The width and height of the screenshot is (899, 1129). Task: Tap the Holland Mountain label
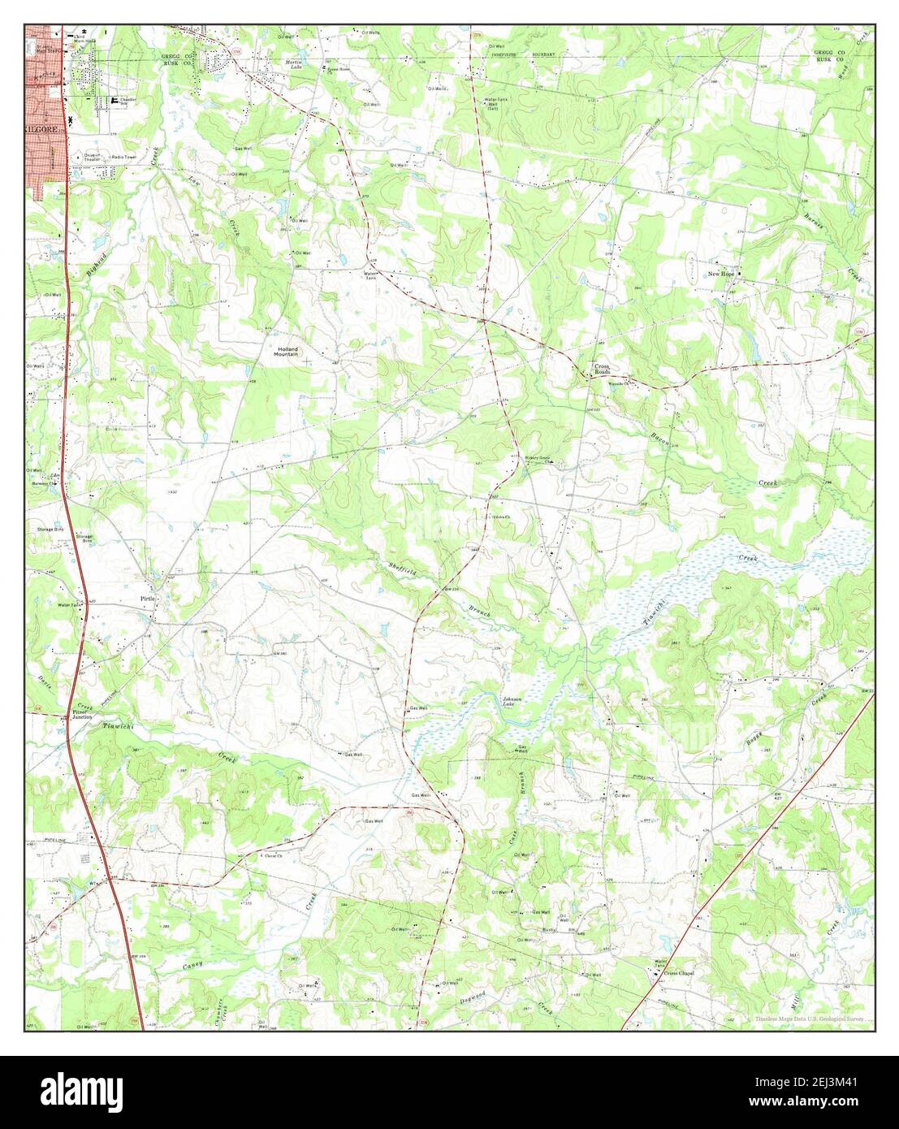point(286,351)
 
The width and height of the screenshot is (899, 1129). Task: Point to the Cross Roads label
point(602,369)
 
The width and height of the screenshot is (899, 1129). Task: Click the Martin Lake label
point(294,63)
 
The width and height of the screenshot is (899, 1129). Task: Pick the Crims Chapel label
point(679,972)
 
